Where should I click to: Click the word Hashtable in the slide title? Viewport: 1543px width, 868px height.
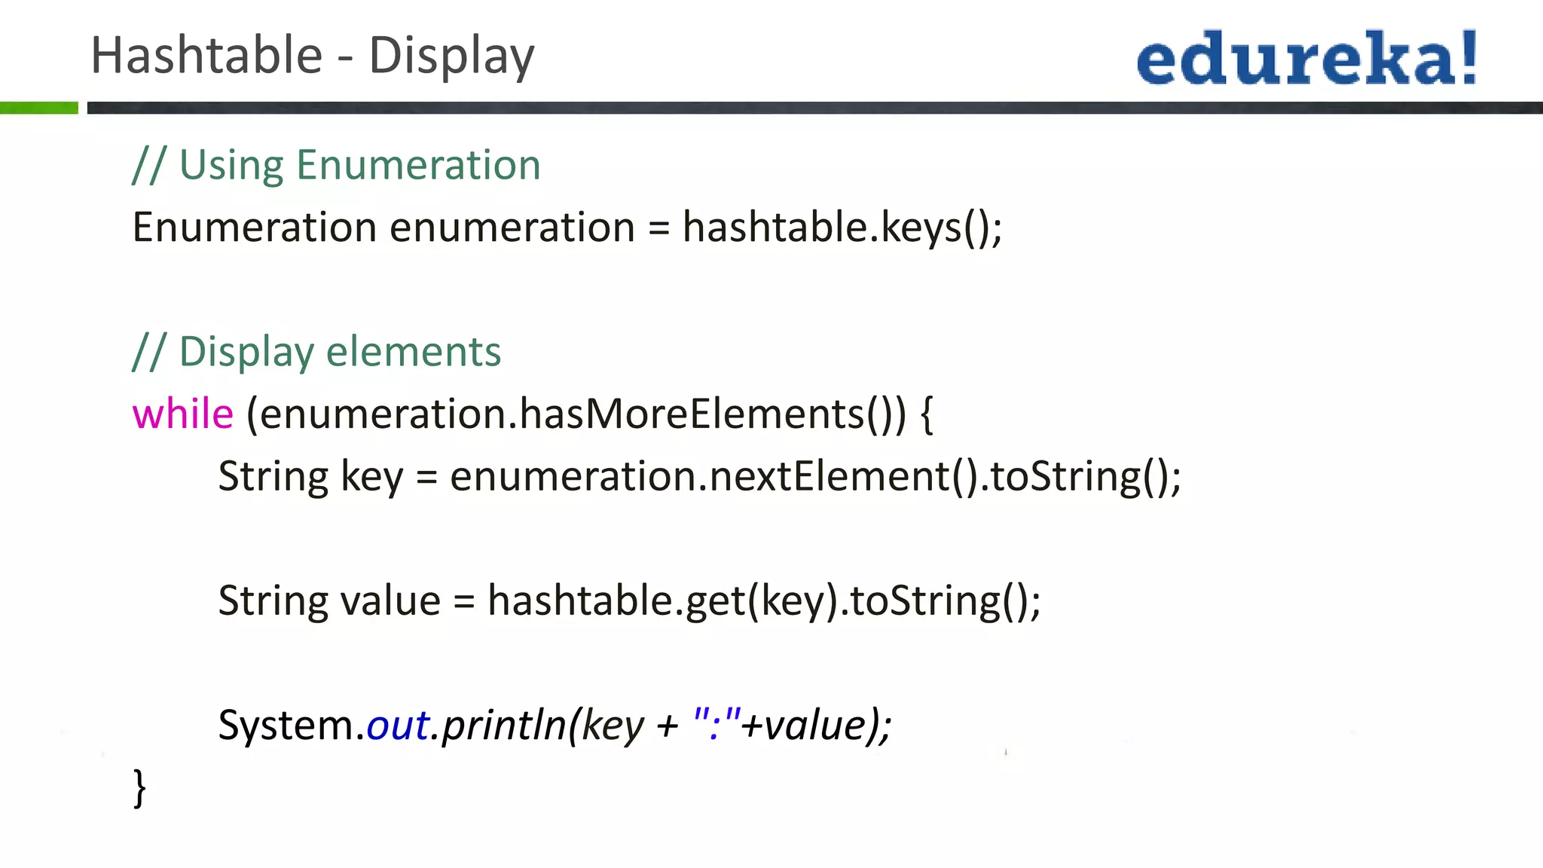click(x=206, y=56)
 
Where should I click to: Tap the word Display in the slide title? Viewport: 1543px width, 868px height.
click(x=451, y=57)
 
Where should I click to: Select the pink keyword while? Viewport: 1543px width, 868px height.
click(x=183, y=414)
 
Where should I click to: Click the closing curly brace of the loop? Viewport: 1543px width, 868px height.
click(x=139, y=788)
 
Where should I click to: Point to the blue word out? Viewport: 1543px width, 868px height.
click(x=397, y=726)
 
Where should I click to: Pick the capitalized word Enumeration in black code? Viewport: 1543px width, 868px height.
click(x=254, y=227)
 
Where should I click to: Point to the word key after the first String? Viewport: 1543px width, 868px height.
click(x=372, y=478)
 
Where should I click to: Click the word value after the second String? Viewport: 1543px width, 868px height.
click(x=390, y=601)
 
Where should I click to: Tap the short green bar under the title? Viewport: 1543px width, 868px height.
click(x=39, y=108)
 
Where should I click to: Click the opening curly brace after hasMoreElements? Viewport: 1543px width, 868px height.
click(x=927, y=414)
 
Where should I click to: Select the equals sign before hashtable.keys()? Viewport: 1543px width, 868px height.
click(x=658, y=228)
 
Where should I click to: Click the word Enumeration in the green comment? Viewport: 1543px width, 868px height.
click(x=418, y=165)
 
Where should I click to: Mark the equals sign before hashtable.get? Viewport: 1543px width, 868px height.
click(x=464, y=601)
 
